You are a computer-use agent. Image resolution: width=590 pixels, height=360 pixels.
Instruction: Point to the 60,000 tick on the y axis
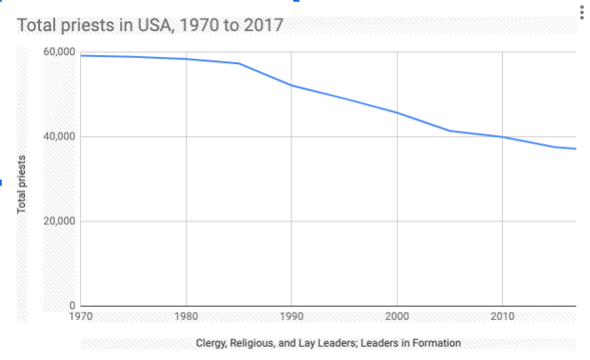pos(59,52)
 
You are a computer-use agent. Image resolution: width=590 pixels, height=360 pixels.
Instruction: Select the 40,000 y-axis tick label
pos(59,137)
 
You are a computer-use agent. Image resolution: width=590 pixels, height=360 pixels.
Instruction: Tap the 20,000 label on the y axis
pos(59,221)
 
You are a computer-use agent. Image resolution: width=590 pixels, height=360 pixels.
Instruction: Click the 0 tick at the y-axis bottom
pos(71,307)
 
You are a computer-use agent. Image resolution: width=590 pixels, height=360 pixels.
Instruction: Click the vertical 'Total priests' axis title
pos(21,184)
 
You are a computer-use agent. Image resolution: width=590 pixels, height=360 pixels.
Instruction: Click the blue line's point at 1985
pos(239,63)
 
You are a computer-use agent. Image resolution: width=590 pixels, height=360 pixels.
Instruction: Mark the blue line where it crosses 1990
pos(291,85)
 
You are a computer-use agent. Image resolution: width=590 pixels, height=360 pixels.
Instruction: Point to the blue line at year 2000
pos(397,113)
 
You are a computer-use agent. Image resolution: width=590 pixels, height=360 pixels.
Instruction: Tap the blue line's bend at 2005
pos(450,131)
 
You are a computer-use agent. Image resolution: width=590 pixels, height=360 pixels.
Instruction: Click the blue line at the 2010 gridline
pos(503,137)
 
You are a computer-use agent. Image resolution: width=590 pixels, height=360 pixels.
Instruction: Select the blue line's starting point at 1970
pos(82,55)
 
